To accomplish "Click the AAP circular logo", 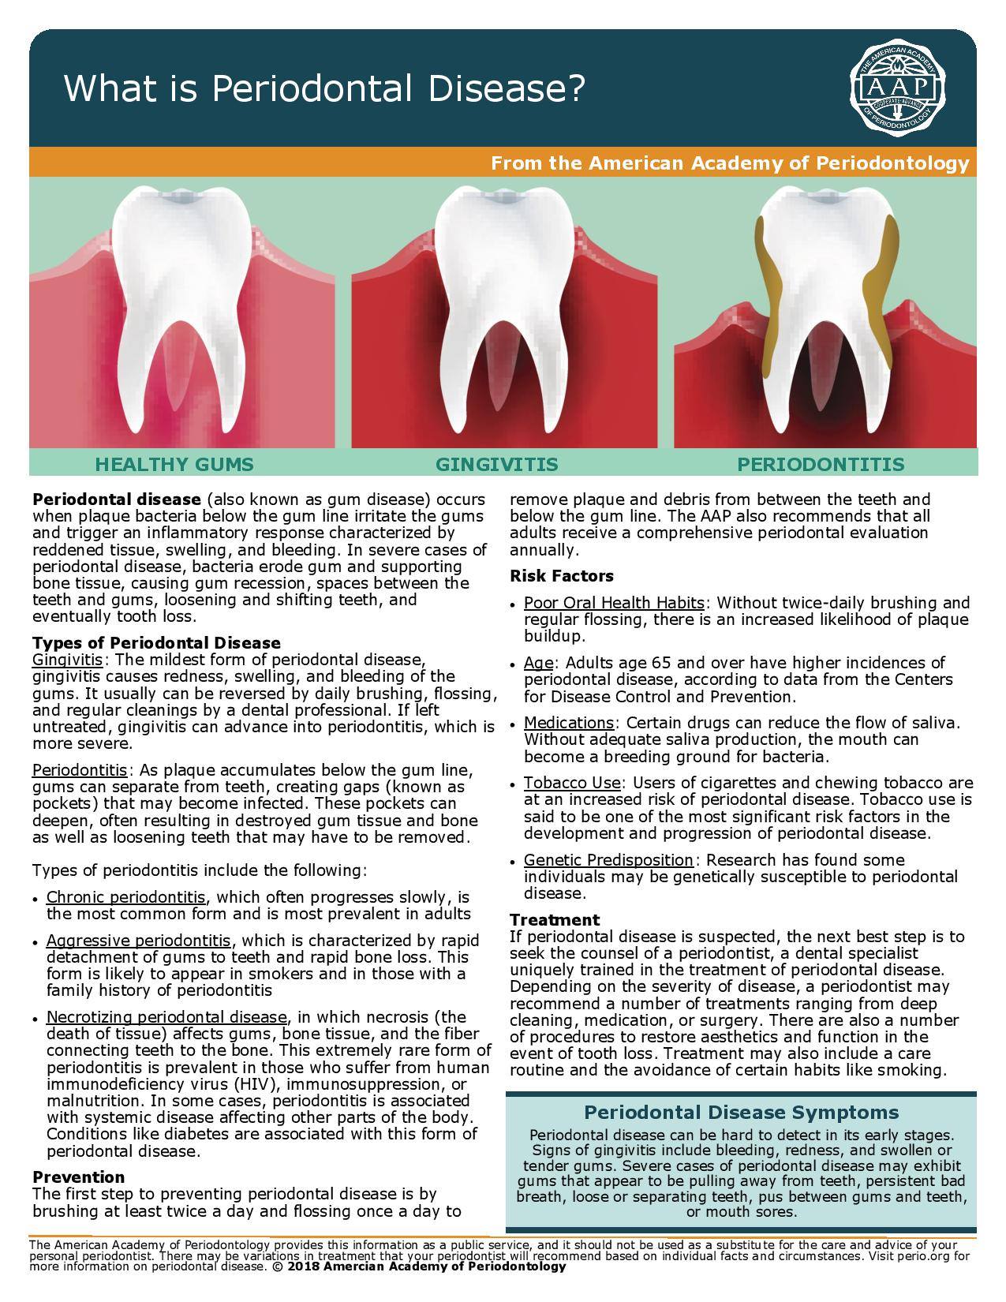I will [x=897, y=88].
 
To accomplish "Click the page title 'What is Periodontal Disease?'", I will [x=323, y=88].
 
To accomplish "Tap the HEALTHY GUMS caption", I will [x=174, y=464].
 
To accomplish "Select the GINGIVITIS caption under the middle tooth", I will [x=496, y=464].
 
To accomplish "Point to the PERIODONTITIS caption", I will [x=820, y=464].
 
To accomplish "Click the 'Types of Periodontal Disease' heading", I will [x=156, y=642].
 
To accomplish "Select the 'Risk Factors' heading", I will [x=561, y=576].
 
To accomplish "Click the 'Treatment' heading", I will [x=554, y=919].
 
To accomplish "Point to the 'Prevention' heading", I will [x=78, y=1177].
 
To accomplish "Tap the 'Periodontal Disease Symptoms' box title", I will [x=741, y=1112].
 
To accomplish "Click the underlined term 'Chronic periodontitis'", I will [x=126, y=897].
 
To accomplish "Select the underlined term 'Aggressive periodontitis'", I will [x=138, y=941].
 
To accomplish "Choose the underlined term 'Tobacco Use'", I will [x=573, y=783].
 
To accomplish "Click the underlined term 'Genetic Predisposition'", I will [x=608, y=859].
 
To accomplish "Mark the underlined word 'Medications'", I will [x=568, y=723].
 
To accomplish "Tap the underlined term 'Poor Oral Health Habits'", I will [x=614, y=603].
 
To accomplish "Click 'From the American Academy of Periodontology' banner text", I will [x=729, y=163].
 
